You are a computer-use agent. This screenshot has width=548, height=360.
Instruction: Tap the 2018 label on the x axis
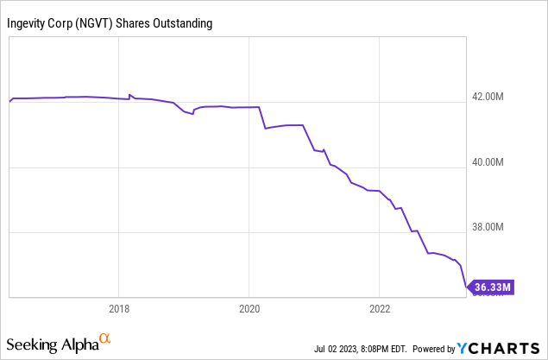point(119,309)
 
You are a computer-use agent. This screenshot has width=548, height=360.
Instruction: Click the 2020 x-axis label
point(249,309)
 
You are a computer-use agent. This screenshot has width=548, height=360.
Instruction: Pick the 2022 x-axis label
point(381,309)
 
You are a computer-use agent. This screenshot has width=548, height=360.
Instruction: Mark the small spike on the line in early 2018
point(130,95)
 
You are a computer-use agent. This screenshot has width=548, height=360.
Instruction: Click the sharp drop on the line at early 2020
point(263,118)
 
